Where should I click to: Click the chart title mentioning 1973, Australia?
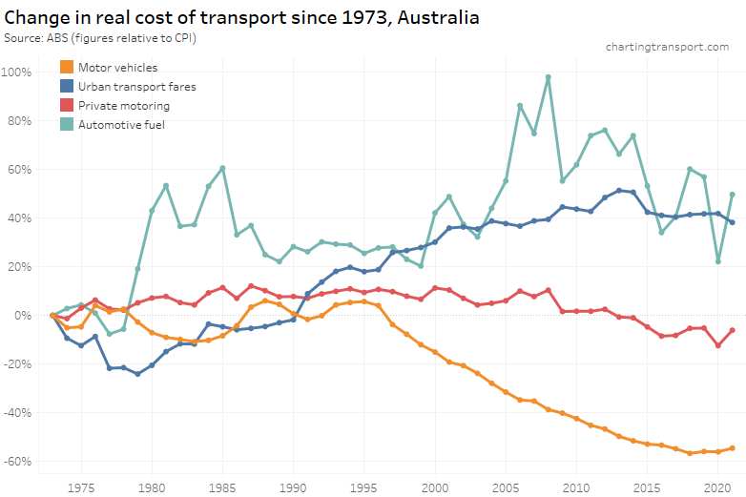coord(241,17)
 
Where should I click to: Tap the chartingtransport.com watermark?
coord(667,47)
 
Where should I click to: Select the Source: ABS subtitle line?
coord(106,37)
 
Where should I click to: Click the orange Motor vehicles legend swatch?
coord(66,68)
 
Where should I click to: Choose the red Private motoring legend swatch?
coord(66,106)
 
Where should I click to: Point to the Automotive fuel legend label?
coord(122,125)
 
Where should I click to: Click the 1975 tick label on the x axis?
coord(81,487)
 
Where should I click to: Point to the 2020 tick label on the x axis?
coord(717,487)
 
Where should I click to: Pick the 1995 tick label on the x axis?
coord(364,487)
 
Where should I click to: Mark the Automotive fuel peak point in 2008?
coord(548,77)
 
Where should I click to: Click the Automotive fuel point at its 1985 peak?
coord(222,168)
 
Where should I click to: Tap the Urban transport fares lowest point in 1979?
coord(137,374)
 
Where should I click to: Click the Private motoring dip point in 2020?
coord(717,345)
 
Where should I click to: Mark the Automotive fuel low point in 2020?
coord(717,260)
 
